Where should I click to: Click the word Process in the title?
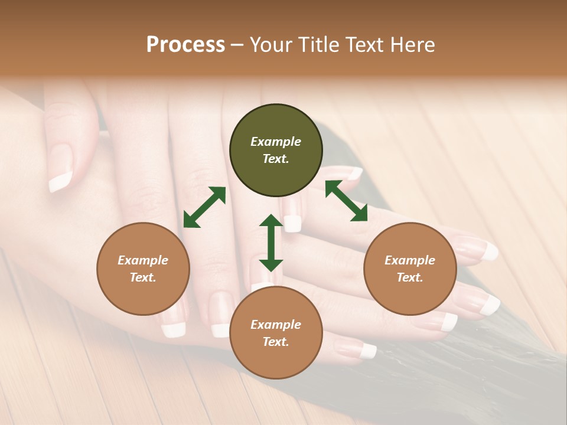(185, 45)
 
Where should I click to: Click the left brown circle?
(143, 269)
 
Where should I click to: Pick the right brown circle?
(410, 269)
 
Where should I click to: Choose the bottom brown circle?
(276, 333)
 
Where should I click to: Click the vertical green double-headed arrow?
(271, 243)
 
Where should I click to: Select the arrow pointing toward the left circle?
(204, 207)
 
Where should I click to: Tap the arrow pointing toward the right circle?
(347, 201)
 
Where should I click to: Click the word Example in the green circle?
(276, 142)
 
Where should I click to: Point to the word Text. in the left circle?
(143, 277)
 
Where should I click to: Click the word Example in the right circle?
(410, 260)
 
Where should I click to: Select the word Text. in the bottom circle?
(276, 342)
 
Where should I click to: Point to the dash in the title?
(237, 45)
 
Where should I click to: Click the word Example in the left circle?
(143, 260)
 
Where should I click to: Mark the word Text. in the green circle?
(276, 159)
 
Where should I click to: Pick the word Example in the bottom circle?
(276, 325)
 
